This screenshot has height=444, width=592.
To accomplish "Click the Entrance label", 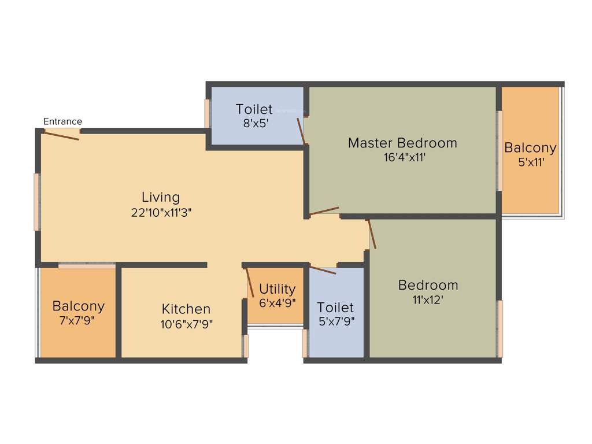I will point(63,121).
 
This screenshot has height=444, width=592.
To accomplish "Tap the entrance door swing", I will point(61,135).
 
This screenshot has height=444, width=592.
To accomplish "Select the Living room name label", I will point(161,197).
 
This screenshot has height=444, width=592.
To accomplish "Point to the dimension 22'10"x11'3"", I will point(161,212).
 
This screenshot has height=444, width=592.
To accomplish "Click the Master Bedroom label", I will point(402,143).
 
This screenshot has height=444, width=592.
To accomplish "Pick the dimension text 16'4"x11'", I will point(405,157).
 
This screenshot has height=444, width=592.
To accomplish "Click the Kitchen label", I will point(186,309).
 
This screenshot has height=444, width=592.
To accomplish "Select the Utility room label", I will point(277,289).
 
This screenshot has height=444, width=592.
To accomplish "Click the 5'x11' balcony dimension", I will point(530,162).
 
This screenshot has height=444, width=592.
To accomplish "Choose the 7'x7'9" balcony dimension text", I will point(79,320).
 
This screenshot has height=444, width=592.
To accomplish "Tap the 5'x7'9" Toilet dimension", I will point(336,321).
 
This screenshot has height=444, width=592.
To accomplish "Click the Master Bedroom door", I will point(324,211).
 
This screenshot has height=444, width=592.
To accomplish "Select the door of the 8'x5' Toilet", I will point(300,131).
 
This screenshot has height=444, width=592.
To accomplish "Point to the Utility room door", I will point(250,283).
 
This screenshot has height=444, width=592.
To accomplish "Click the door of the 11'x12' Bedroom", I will point(372,234).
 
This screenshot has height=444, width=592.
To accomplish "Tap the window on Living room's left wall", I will point(37,202).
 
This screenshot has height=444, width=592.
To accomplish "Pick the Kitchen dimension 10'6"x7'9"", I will point(187,324).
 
